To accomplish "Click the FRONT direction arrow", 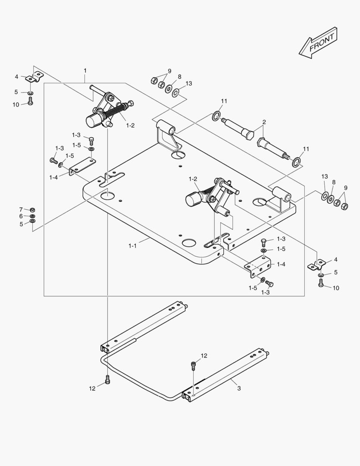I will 318,43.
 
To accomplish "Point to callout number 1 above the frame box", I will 85,70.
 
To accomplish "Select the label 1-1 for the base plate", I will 132,246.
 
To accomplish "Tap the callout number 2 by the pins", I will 264,122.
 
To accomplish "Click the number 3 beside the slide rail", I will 239,388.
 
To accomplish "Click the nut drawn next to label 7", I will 32,210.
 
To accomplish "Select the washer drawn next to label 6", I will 32,216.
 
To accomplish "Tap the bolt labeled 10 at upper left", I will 30,101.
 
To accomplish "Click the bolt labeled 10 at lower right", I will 321,283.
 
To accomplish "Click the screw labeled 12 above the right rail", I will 194,365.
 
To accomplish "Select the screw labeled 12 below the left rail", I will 107,380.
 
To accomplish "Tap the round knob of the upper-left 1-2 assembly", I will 93,121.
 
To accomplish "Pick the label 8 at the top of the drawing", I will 179,77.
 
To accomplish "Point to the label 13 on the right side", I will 325,177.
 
